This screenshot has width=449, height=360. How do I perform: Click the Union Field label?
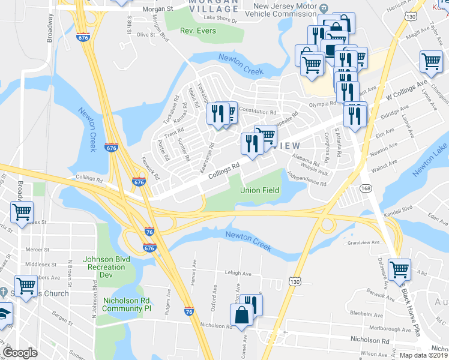click(x=260, y=190)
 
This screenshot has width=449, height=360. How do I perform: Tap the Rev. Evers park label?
click(x=197, y=31)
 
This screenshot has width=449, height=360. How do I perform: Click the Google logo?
click(x=20, y=352)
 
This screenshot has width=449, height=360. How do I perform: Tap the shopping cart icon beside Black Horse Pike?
click(x=399, y=269)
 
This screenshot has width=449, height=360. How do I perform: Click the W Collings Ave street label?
click(x=406, y=88)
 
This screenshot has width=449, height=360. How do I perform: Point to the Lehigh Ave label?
click(x=238, y=273)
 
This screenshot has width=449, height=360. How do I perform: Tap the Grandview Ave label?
click(x=368, y=242)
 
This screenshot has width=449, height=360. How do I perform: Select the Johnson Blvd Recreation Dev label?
click(x=98, y=267)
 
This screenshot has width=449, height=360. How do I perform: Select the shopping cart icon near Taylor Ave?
click(x=432, y=60)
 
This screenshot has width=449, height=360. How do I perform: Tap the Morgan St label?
click(x=158, y=9)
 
